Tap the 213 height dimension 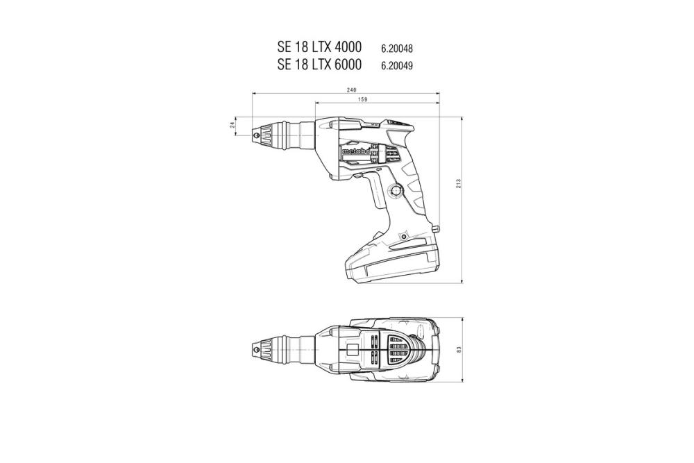click(459, 185)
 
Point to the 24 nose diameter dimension click(232, 125)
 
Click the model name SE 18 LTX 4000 click(319, 48)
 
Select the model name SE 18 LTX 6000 click(319, 65)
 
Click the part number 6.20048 click(401, 49)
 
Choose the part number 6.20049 click(401, 66)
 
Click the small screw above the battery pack click(403, 239)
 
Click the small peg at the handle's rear click(435, 229)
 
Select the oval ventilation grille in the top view click(398, 350)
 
